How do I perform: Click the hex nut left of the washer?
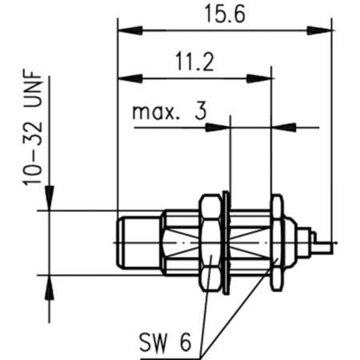(211, 241)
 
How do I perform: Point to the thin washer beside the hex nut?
(227, 241)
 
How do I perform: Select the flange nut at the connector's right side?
(276, 241)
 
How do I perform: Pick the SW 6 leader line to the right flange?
(240, 312)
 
